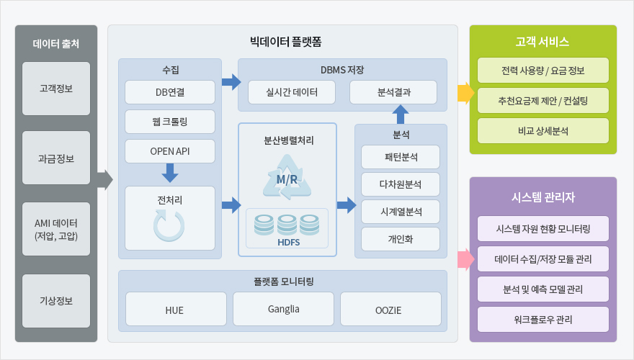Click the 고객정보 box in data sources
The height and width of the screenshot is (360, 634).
coord(56,89)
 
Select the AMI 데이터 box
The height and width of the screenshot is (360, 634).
coord(56,229)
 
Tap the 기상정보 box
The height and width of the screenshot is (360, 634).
coord(56,301)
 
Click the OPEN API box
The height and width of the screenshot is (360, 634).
coord(170,151)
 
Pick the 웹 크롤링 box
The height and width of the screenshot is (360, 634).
coord(170,122)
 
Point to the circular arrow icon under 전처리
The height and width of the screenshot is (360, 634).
coord(169,226)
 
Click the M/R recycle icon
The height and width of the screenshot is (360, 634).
coord(287,178)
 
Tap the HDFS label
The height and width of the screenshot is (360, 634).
coord(288,242)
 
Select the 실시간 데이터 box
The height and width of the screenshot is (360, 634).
coord(292,92)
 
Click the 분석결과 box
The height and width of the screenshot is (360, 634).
coord(393,92)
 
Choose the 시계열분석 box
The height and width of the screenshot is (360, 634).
coord(401,212)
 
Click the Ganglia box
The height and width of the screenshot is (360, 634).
coord(283,309)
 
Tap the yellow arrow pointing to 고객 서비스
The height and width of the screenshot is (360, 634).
coord(466,93)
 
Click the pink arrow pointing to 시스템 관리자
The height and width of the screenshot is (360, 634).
coord(466,259)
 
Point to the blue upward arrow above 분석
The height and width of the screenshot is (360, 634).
coord(401,114)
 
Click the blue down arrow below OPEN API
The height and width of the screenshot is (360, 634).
coord(170,173)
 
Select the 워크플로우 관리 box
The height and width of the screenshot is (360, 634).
coord(543,320)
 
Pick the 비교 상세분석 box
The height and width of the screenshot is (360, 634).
coord(543,131)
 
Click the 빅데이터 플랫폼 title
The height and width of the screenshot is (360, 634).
coord(285,42)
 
